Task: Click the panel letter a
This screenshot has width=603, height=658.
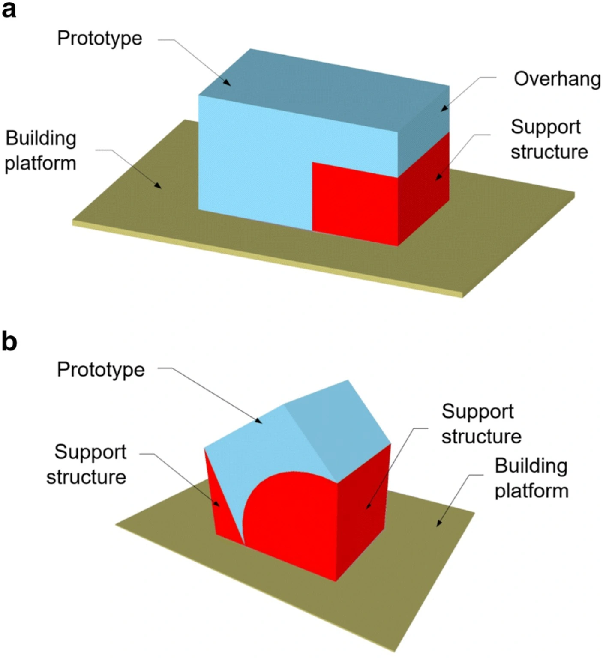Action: coord(9,9)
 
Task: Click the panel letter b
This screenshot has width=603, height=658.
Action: coord(9,341)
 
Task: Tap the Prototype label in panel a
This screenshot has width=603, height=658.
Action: coord(100,39)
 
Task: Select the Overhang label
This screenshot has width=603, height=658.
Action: coord(557,79)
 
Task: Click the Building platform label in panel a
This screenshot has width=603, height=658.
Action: coord(41,151)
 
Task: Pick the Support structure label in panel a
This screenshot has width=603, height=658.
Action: coord(549,139)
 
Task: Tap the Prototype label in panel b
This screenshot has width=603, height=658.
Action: coord(101,370)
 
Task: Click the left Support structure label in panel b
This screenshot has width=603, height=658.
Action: coord(87,464)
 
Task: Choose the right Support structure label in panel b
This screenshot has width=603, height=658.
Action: coord(481,424)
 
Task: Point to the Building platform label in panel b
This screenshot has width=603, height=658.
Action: coord(531,478)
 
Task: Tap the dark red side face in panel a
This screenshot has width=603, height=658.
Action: coord(424,188)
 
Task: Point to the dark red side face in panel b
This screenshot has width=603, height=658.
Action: coord(364,510)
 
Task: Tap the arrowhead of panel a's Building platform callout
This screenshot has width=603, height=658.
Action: coord(158,186)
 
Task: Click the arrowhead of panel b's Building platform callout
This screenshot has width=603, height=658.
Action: coord(438,523)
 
